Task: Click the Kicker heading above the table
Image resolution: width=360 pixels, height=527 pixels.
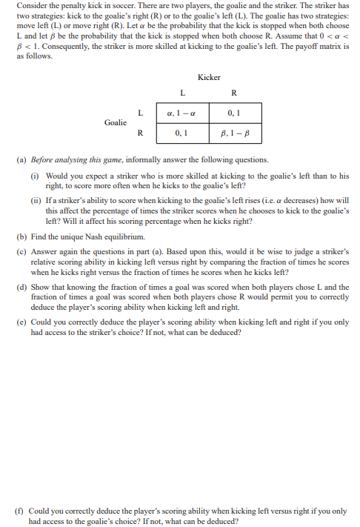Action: [x=210, y=78]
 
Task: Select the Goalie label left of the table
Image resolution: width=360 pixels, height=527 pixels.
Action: [x=115, y=122]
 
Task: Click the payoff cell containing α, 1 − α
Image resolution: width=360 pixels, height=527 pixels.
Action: [x=182, y=112]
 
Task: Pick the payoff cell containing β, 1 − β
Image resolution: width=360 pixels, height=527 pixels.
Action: [x=234, y=134]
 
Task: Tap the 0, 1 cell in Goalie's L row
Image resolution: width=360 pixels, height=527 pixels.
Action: [x=234, y=112]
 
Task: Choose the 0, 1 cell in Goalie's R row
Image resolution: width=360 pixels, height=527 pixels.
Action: [x=182, y=134]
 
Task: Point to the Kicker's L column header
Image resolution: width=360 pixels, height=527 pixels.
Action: [x=182, y=93]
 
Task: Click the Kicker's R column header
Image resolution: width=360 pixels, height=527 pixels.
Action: [x=234, y=93]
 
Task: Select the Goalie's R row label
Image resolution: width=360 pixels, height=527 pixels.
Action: [x=140, y=134]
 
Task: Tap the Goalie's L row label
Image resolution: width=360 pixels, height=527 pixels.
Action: [x=140, y=112]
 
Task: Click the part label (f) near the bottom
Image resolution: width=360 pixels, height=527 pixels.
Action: [x=21, y=511]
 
